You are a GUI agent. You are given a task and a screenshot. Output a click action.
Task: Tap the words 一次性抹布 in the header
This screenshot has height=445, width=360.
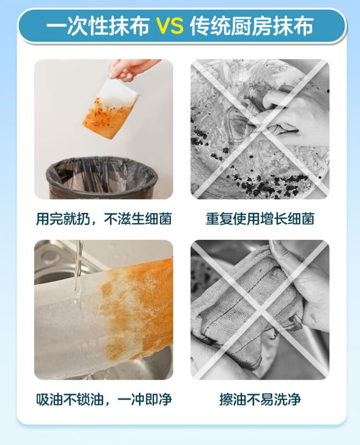tap(98, 26)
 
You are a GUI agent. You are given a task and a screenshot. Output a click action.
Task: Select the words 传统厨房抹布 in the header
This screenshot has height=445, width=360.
tap(252, 26)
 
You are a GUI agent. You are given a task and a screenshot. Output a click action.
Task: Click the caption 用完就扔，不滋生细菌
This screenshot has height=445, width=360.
tap(104, 219)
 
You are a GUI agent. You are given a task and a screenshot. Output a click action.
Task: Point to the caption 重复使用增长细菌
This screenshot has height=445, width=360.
tap(260, 219)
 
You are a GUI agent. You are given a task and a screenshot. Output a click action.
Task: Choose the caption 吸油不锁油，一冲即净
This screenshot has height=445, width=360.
tap(104, 399)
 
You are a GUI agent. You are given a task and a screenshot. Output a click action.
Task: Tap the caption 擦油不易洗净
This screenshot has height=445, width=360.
tap(260, 399)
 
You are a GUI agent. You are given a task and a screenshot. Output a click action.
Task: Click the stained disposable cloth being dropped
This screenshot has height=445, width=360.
tap(111, 109)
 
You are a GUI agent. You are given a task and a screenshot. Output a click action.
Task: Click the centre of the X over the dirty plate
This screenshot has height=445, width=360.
tap(260, 129)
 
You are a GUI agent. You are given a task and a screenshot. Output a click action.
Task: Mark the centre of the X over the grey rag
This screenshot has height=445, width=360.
tap(260, 310)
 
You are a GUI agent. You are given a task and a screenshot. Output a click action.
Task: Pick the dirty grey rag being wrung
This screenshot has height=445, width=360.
tap(244, 306)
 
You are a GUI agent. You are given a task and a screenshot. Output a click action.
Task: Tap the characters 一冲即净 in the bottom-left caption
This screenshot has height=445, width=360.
tap(145, 399)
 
